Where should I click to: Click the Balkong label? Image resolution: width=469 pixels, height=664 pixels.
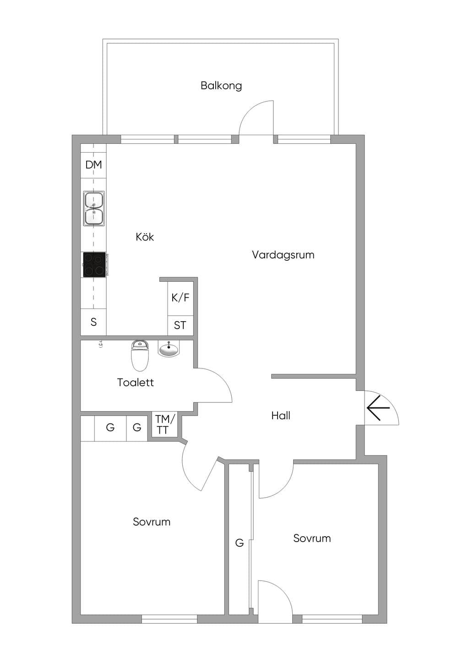(221, 86)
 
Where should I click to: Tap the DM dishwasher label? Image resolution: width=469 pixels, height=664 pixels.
(93, 165)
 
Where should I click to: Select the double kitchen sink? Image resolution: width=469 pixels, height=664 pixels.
(94, 209)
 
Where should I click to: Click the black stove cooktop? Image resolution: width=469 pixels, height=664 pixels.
(94, 265)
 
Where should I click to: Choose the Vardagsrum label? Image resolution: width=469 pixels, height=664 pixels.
(283, 255)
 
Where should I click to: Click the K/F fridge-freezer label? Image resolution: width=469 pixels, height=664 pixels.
(180, 297)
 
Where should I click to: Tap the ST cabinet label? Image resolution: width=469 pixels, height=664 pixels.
(180, 325)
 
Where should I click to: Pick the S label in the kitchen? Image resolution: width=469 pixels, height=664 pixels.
(93, 322)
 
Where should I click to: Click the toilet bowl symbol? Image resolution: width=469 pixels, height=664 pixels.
(140, 356)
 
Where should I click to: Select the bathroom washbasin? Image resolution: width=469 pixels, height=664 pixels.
(169, 349)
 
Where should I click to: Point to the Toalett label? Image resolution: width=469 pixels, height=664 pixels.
(136, 383)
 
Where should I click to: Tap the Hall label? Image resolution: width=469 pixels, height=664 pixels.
(281, 416)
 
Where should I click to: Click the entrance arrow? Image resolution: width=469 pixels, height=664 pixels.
(378, 408)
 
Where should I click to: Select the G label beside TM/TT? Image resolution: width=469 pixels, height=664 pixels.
(137, 427)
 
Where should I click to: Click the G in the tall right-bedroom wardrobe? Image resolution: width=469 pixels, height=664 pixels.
(240, 543)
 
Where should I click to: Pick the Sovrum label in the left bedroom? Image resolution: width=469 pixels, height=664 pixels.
(152, 521)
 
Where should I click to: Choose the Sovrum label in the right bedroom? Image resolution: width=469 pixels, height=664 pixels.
(312, 538)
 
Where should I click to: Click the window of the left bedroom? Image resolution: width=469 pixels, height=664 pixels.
(169, 619)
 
